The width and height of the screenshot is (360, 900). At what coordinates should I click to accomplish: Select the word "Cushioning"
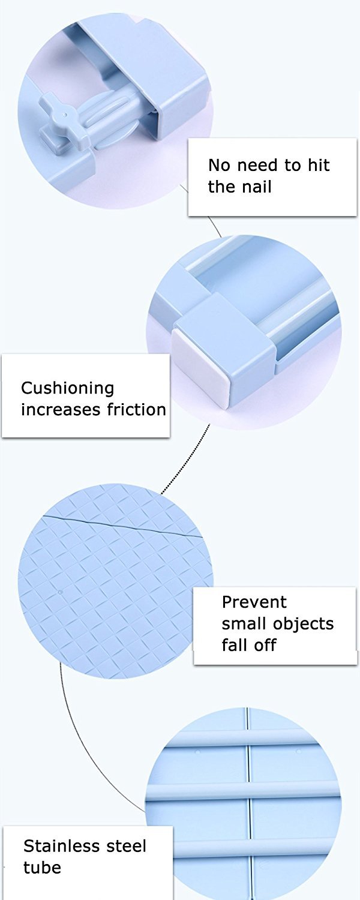pyautogui.click(x=67, y=389)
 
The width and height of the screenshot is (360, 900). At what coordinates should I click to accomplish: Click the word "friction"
pyautogui.click(x=137, y=410)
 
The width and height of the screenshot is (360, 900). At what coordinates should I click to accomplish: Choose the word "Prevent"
pyautogui.click(x=254, y=602)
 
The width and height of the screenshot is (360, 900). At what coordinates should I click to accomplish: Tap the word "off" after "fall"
pyautogui.click(x=265, y=645)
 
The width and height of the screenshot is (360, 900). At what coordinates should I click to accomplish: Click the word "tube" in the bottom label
pyautogui.click(x=42, y=868)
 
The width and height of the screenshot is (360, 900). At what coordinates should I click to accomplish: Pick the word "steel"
pyautogui.click(x=126, y=846)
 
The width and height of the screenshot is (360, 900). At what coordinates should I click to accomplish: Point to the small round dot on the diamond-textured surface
pyautogui.click(x=61, y=592)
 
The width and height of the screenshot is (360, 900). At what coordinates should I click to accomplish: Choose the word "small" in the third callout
pyautogui.click(x=244, y=623)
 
